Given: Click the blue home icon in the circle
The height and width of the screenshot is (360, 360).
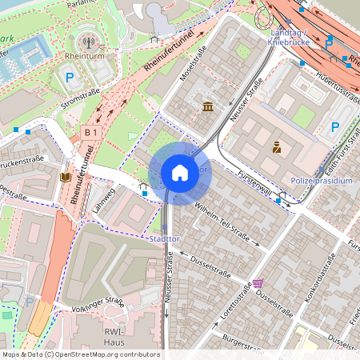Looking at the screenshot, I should pos(179,171).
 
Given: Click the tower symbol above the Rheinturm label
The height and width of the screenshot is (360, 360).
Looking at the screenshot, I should pos(87,40).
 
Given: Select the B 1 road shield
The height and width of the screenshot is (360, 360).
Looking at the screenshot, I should pos(90,132).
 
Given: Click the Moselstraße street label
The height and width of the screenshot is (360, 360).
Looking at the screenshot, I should pos(193,68).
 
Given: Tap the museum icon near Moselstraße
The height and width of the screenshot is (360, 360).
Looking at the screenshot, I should pos(208,107).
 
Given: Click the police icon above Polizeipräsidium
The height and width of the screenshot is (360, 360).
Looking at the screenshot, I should pos(277,146).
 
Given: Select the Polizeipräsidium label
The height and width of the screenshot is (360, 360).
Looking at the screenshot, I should pos(322,181).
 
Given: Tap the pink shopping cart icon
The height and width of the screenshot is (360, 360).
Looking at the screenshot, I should pos(258,283).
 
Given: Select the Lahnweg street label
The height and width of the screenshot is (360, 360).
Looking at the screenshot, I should pos(104,199).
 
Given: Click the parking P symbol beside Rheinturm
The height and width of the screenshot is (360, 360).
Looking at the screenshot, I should pos(70,78).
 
